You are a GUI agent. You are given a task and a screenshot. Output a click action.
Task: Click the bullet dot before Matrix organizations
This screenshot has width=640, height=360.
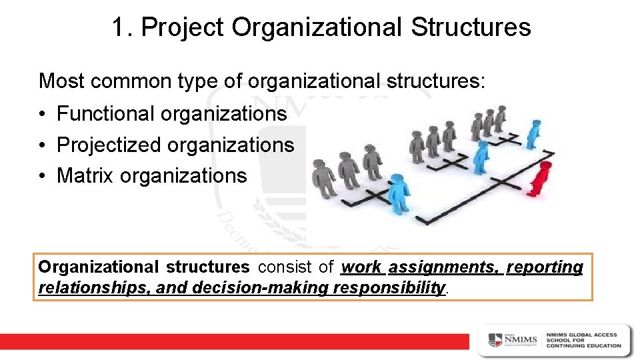pos(43,177)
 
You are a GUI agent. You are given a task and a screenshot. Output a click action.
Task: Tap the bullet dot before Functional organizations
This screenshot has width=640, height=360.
pos(43,115)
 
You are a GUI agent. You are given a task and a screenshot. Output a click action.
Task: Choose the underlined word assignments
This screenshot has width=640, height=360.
pos(443,267)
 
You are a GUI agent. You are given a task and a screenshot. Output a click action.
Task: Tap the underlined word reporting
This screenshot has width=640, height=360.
pos(545,267)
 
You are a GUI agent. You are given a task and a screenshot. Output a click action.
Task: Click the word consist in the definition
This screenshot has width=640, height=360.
pos(285,267)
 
